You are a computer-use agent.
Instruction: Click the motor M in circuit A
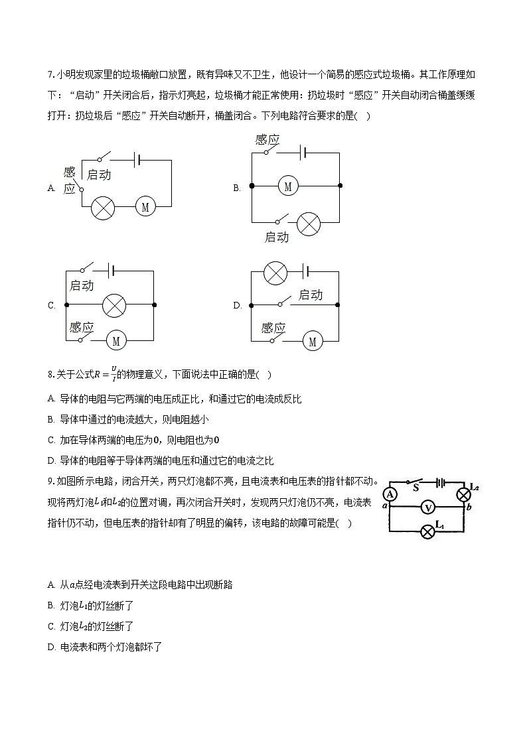point(145,208)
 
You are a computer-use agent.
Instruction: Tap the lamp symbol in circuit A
point(103,208)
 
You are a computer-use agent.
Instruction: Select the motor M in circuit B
point(287,186)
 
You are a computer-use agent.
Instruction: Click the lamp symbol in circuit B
point(308,224)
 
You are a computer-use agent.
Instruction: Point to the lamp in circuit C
point(114,305)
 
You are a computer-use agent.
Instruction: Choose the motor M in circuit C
point(116,341)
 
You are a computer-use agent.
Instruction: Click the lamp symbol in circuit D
point(275,272)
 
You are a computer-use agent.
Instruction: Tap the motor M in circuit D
point(312,342)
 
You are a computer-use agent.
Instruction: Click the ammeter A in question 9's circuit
point(390,494)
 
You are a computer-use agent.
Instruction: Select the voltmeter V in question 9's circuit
point(428,508)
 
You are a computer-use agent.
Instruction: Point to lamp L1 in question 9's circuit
point(429,531)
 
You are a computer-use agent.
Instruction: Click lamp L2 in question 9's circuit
point(463,494)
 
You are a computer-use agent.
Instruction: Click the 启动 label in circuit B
point(277,237)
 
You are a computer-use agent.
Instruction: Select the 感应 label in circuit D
point(273,328)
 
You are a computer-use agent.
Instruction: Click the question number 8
point(50,375)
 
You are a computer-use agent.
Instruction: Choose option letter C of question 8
point(51,440)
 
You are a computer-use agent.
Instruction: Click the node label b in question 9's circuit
point(469,508)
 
